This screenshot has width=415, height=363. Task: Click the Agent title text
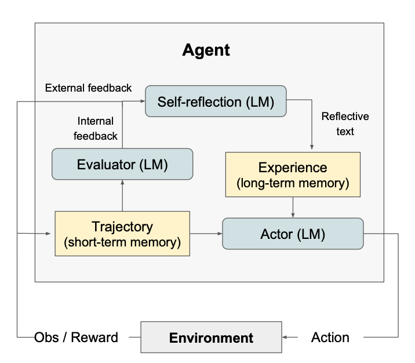206,50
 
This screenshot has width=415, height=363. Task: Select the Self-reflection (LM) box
216,102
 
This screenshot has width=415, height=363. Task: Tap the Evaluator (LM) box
122,164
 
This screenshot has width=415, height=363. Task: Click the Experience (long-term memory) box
293,175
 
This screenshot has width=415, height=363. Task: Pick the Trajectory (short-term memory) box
122,234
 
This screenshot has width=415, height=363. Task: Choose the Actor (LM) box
293,234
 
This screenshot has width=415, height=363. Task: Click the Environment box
211,337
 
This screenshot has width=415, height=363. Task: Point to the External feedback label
88,88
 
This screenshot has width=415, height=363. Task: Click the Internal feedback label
97,128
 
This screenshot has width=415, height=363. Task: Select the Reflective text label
345,124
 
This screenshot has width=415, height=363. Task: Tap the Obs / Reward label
76,337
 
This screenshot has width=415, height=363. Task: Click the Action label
330,337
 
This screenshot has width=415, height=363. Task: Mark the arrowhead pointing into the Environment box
285,337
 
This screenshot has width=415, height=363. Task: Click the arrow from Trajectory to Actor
206,234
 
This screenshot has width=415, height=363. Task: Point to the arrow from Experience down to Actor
293,207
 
